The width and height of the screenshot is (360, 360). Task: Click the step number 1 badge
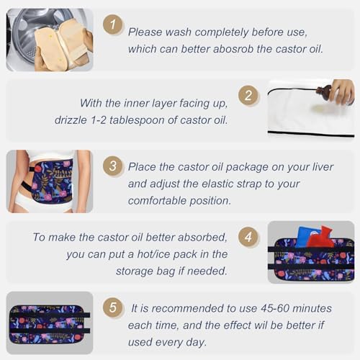coord(113,24)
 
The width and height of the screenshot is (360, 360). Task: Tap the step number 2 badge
coord(248,96)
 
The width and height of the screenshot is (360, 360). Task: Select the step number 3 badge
coord(113,166)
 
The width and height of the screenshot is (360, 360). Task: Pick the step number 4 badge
coord(248,237)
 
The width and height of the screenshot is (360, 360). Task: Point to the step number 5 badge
coord(113,307)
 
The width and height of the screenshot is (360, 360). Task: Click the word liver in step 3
coord(323,167)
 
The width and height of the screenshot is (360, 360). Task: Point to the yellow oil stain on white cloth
coord(323,109)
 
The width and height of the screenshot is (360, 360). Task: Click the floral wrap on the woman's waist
coord(53,181)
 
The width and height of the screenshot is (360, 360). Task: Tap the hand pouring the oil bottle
coord(342,91)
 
